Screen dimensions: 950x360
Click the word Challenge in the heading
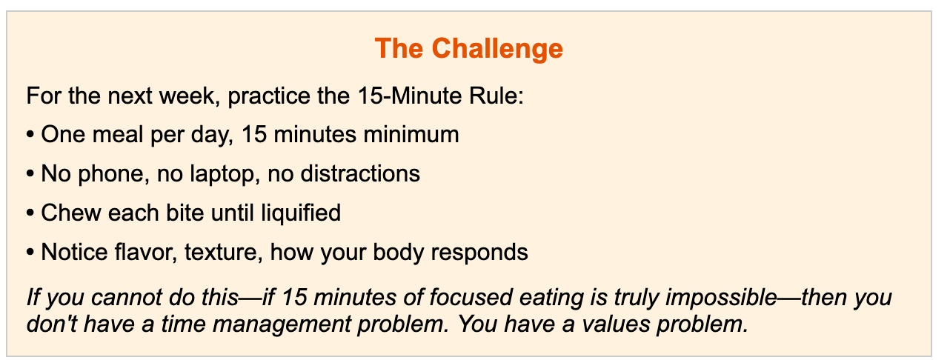point(497,49)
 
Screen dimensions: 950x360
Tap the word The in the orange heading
point(399,48)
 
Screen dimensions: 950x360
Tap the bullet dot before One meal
point(30,136)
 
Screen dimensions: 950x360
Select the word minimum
point(411,134)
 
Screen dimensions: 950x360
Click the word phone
point(113,174)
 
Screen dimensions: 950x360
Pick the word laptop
point(225,174)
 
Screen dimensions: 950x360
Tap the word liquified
point(301,213)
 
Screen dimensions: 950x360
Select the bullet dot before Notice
point(30,253)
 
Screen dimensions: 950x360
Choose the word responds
point(479,253)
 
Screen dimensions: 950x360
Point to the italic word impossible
point(721,297)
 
